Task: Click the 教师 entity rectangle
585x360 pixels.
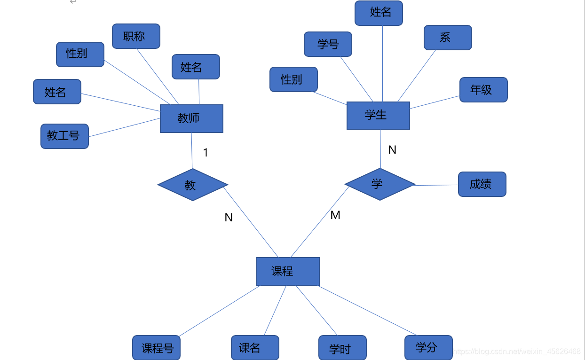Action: [x=191, y=118]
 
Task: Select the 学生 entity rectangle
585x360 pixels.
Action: [x=378, y=115]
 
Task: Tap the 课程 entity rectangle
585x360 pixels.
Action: [x=288, y=271]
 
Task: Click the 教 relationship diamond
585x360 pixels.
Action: [x=193, y=185]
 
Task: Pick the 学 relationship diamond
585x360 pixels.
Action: [x=379, y=184]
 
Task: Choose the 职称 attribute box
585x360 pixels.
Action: [x=136, y=36]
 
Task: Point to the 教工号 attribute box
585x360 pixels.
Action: [x=64, y=136]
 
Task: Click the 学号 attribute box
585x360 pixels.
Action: [x=328, y=44]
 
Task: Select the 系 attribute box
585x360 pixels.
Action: [x=448, y=38]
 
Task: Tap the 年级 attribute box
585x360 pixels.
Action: [x=483, y=90]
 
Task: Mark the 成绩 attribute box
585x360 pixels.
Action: [x=482, y=184]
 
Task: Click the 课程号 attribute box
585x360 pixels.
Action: [x=157, y=348]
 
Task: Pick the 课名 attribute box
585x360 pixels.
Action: [x=255, y=348]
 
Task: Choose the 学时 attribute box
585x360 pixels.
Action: [x=342, y=348]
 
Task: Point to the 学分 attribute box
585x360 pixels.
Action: [x=428, y=348]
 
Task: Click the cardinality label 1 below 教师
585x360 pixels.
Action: [x=206, y=153]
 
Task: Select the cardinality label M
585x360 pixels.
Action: [x=335, y=215]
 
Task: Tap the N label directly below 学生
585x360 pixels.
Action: [x=392, y=150]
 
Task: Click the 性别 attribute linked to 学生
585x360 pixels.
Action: [x=293, y=79]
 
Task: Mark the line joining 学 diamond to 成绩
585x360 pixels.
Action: [x=436, y=185]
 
